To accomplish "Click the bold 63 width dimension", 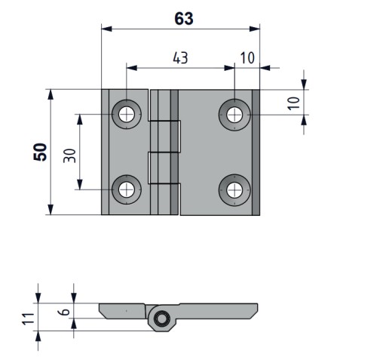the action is pos(184,19).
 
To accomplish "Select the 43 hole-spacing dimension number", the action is pos(180,58).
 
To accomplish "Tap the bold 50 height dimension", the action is pos(40,152).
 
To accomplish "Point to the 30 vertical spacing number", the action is pos(69,155).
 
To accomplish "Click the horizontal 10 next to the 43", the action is pos(247,58).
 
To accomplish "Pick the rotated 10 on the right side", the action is pos(294,103).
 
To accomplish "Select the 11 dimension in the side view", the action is pos(28,318).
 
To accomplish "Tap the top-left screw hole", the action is pos(127,114).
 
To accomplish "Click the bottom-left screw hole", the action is pos(127,189).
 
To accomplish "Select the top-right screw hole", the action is pos(234,115).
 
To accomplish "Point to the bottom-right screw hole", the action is pos(234,190).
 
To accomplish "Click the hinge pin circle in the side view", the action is pos(161,319).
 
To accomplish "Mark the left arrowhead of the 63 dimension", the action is pos(106,29).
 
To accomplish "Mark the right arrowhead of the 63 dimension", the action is pos(255,29).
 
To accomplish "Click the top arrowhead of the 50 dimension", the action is pos(51,94).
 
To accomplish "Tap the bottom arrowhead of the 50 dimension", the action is pos(51,210).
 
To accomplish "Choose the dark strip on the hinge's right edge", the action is pos(256,152).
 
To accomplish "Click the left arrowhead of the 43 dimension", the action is pos(132,68).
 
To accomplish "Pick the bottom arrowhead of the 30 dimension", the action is pos(80,184).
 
